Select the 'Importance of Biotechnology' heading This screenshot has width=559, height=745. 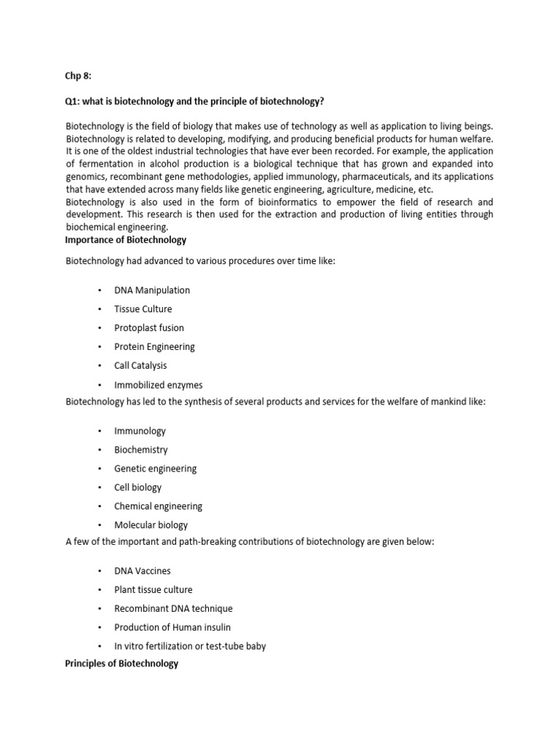coord(126,240)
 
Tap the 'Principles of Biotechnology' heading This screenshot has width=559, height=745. coord(122,664)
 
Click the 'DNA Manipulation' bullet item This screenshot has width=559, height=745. coord(151,290)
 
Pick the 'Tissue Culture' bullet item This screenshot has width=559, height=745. coord(143,309)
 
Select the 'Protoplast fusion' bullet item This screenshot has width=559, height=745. coord(148,328)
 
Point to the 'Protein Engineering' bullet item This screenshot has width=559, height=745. coord(154,347)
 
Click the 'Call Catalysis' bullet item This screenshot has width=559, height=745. coord(140,366)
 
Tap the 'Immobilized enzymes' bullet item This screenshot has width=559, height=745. coord(158,385)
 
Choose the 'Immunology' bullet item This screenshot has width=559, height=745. coord(140,431)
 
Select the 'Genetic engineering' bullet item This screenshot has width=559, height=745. coord(155,469)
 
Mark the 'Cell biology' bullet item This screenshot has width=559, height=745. coord(138,487)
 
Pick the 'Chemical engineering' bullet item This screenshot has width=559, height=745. coord(158,506)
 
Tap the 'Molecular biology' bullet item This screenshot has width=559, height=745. coord(151,525)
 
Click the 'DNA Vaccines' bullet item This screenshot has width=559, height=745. coord(143,571)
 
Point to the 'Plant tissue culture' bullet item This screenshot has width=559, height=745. coord(153,590)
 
